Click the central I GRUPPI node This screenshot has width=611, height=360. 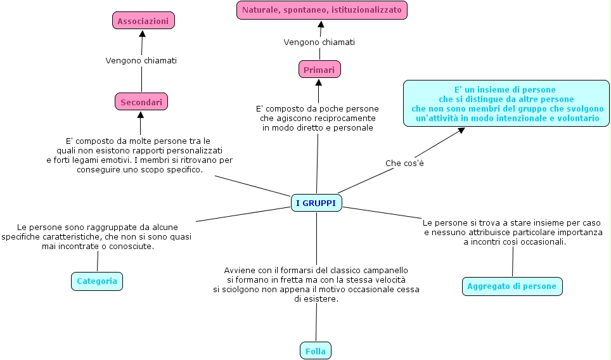click(x=316, y=203)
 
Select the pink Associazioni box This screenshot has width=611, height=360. click(x=143, y=21)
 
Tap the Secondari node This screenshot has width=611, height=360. click(x=141, y=101)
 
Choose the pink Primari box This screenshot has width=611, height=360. click(x=319, y=69)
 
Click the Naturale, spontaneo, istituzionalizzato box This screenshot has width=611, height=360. click(x=321, y=10)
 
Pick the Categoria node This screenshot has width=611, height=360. click(x=96, y=281)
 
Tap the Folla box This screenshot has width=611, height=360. click(x=315, y=350)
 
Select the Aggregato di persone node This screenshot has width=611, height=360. click(x=511, y=286)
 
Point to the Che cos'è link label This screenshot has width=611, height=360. click(x=404, y=164)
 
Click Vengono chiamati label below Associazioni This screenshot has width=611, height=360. click(x=141, y=61)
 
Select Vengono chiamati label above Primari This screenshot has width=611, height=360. click(x=319, y=42)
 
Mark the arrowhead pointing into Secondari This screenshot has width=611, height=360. click(x=141, y=115)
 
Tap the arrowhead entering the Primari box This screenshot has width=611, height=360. click(x=319, y=82)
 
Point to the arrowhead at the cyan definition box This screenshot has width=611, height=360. click(x=461, y=130)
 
